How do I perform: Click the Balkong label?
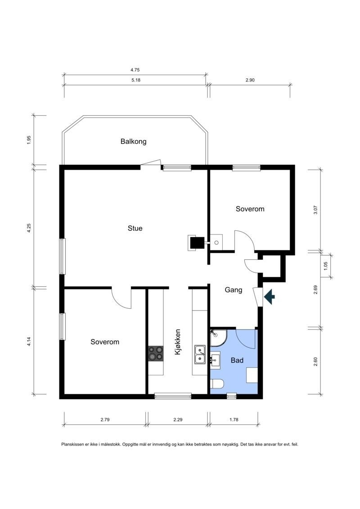click(x=133, y=141)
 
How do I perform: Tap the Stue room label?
click(x=135, y=228)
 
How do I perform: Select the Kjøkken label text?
click(x=178, y=342)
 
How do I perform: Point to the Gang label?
click(x=233, y=290)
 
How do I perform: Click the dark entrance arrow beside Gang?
click(x=270, y=297)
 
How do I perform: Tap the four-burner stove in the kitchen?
click(x=156, y=353)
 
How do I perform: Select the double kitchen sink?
click(x=200, y=355)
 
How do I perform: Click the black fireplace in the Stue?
click(x=196, y=243)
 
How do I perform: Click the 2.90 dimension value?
click(x=250, y=80)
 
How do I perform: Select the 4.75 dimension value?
click(x=135, y=70)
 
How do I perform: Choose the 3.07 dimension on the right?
click(x=315, y=210)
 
